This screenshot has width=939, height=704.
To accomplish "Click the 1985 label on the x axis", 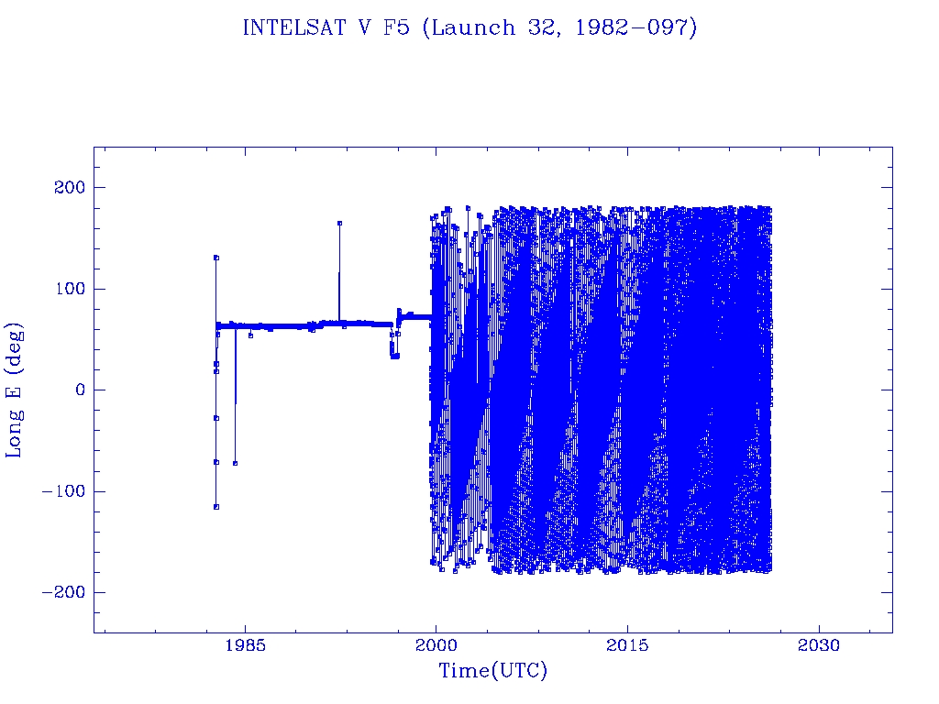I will (x=245, y=645).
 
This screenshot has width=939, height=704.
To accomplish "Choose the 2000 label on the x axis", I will (x=436, y=645).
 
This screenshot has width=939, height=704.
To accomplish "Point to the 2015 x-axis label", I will (x=627, y=645).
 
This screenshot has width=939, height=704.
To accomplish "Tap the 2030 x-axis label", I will (x=819, y=645).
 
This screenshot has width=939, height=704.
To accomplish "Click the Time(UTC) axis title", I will (x=492, y=671).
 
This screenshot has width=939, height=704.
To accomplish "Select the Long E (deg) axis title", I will (x=15, y=390).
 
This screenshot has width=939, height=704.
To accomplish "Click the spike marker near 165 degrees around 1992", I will (x=339, y=223).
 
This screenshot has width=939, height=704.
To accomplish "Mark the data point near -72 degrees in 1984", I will (x=236, y=463).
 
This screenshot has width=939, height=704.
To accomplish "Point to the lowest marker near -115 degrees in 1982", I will (x=215, y=506).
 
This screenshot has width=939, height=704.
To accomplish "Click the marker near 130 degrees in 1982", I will (x=216, y=258).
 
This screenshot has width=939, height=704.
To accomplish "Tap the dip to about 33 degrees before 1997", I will (x=394, y=356).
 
